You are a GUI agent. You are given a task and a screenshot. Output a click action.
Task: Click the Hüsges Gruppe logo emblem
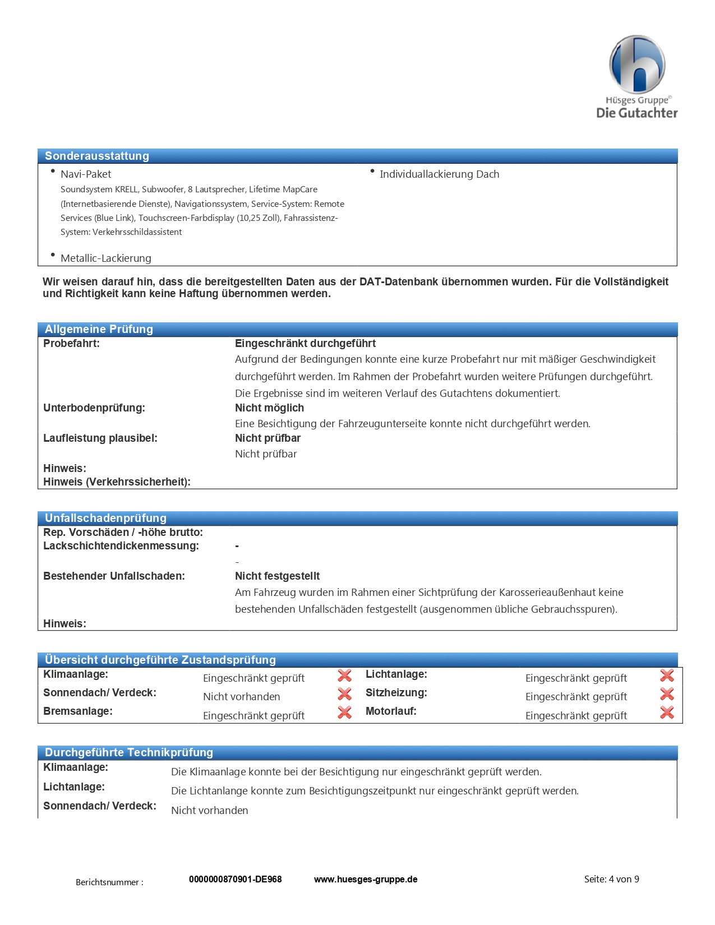(637, 64)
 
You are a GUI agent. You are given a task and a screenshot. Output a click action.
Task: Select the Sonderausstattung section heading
(97, 156)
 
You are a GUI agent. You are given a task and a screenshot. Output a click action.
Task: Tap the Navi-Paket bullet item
(86, 174)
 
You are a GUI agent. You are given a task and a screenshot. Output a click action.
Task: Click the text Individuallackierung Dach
(439, 174)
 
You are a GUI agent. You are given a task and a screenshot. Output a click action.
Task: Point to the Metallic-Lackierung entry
(106, 258)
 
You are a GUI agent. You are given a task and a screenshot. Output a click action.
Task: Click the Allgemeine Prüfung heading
(99, 329)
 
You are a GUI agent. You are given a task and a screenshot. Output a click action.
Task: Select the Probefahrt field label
(71, 344)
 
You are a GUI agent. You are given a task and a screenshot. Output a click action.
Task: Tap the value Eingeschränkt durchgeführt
(305, 344)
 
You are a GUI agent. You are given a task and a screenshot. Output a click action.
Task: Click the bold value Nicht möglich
(269, 408)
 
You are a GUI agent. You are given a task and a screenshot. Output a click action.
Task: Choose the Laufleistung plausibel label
(100, 438)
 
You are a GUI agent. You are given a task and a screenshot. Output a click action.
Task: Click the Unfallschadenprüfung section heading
(105, 518)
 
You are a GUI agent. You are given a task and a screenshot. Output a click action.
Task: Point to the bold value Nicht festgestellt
(277, 576)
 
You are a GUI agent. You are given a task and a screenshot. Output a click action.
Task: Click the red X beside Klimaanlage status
(344, 676)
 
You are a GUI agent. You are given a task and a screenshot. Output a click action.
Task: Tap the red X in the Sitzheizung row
(667, 694)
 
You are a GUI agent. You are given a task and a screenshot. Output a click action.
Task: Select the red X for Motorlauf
(667, 713)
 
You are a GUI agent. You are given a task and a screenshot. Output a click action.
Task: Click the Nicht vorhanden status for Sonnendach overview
(242, 697)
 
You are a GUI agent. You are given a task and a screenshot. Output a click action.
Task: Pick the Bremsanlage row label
(78, 711)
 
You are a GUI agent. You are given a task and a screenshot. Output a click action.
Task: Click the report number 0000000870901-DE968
(236, 880)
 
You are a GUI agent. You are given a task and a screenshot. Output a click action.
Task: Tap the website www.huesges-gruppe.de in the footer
(366, 880)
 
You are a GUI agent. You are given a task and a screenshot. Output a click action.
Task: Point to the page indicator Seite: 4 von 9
(611, 880)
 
